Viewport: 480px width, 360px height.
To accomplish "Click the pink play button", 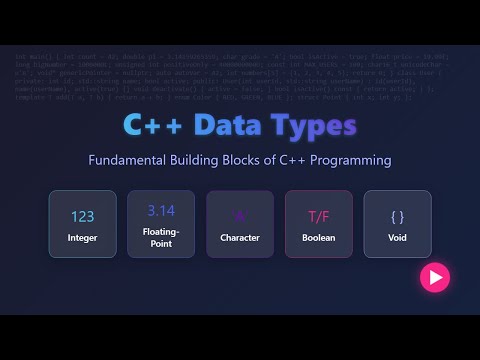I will click(x=434, y=277).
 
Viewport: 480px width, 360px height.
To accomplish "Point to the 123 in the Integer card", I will click(x=82, y=216).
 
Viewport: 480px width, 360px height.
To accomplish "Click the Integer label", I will click(x=82, y=238).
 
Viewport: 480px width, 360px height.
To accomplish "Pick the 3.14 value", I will click(x=161, y=211).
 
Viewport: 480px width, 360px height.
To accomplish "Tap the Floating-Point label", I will click(x=161, y=238).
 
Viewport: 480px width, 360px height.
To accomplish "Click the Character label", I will click(x=240, y=238).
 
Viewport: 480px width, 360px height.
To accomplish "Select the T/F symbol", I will click(x=319, y=216).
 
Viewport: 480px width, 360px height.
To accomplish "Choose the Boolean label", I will click(x=319, y=238).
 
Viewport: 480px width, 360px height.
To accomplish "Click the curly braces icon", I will click(x=398, y=216).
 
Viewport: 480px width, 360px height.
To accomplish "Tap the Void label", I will click(x=398, y=238).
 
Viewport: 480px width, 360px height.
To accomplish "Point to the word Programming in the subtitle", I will click(x=344, y=160).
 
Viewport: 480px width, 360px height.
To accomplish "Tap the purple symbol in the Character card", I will click(x=240, y=216).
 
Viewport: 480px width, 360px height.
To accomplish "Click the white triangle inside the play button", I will click(x=435, y=277).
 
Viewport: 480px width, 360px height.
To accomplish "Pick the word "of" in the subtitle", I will click(x=282, y=160).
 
